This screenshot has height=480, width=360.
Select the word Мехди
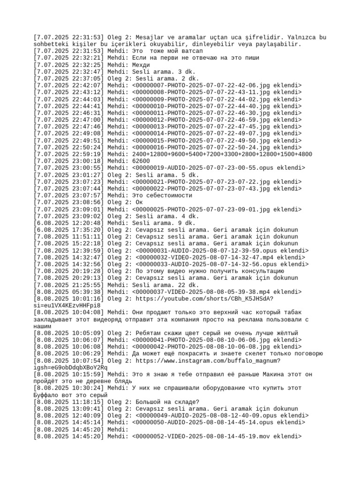(x=142, y=65)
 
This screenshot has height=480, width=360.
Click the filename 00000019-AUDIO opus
(x=206, y=168)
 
